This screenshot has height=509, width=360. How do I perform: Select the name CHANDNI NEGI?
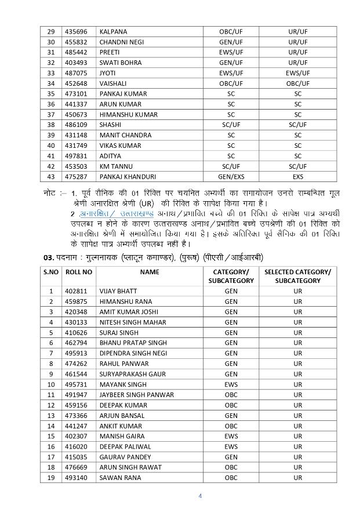pos(121,42)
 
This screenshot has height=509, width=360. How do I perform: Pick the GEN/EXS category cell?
pos(231,177)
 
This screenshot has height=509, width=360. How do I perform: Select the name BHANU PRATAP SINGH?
pos(133,343)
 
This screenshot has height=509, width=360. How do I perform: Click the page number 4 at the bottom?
pos(200,496)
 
